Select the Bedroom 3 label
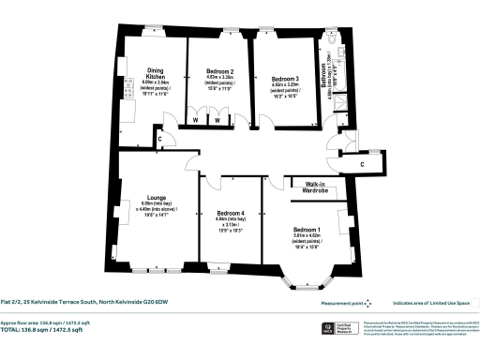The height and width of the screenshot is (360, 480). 284,79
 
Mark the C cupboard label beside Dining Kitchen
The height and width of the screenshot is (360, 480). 160,140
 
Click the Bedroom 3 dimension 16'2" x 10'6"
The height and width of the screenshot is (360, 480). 284,97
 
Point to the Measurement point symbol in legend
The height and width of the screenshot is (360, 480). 368,303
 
